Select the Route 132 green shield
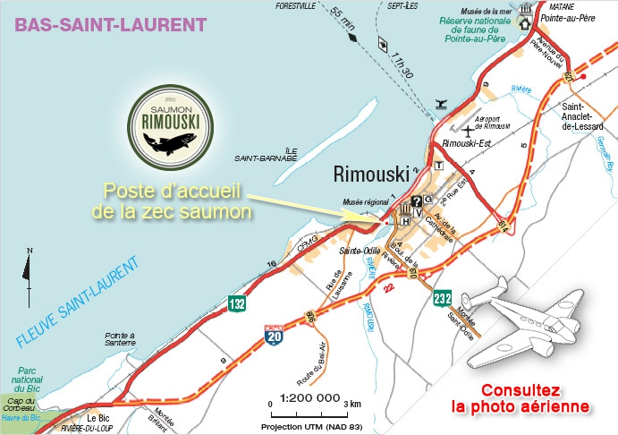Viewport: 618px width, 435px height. (237, 303)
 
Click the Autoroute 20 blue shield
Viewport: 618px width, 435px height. (275, 336)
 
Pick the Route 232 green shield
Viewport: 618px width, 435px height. (443, 299)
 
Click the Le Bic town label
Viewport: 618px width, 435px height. (98, 417)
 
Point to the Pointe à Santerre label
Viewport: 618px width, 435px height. (119, 339)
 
